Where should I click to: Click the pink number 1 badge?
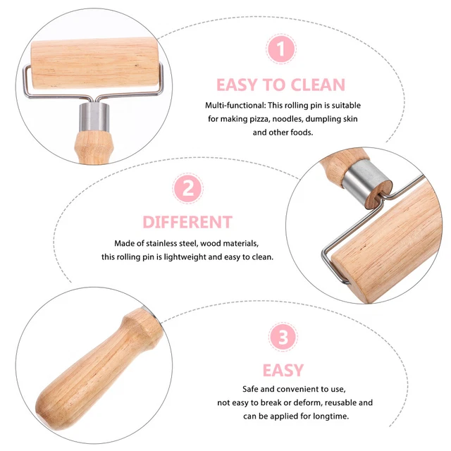pos(280,49)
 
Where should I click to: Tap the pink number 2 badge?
pos(188,189)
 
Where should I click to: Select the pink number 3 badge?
pos(283,337)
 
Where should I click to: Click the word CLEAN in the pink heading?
pos(318,85)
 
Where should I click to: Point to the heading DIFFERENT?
pos(187,222)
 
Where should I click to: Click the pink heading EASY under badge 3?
pos(283,370)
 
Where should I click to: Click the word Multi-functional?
pos(235,105)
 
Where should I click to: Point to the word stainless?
pos(161,243)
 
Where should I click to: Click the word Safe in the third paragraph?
pos(250,389)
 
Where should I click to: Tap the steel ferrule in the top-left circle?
pos(94,117)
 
